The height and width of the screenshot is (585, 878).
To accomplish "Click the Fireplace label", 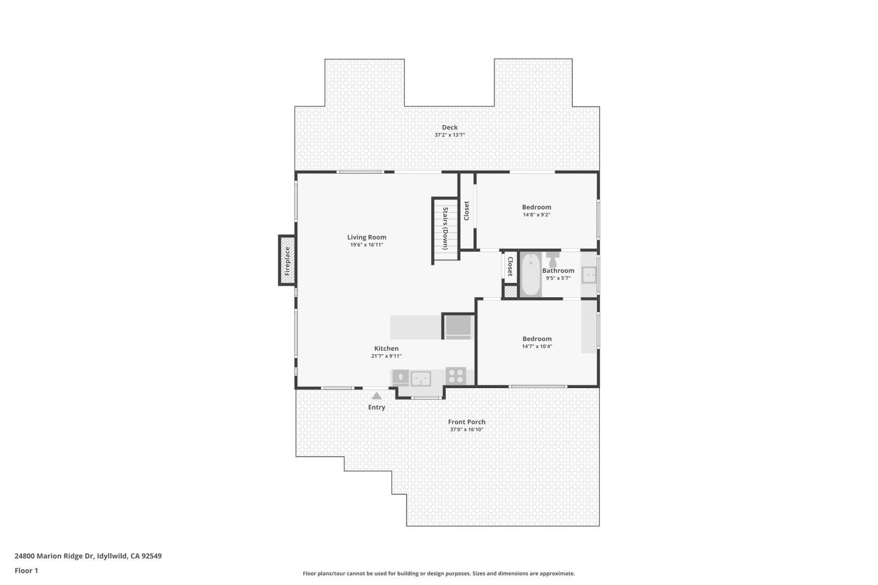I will (286, 260).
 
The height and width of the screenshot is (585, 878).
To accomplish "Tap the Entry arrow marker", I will (376, 396).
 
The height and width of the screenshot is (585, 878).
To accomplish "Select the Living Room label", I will (367, 237).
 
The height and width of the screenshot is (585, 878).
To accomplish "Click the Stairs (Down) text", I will (446, 228).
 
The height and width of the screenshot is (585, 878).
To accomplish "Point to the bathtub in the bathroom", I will (530, 274).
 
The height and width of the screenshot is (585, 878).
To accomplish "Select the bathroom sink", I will (589, 275).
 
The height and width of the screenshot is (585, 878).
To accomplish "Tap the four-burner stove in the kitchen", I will (455, 376).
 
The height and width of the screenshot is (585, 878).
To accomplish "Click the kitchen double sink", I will (421, 378).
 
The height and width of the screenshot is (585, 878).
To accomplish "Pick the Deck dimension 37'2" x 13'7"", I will (449, 135).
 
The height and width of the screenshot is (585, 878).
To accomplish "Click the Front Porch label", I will (466, 422).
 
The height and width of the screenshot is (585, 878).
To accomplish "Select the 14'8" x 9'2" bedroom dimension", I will (536, 215).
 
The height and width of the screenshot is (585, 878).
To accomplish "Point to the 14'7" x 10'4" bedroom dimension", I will (537, 347).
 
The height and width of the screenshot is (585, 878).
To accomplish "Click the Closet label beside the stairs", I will (466, 211).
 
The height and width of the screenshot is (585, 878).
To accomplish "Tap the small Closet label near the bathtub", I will (510, 266).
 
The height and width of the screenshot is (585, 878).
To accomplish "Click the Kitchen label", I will (386, 348).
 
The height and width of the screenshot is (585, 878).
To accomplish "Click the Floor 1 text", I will (26, 571).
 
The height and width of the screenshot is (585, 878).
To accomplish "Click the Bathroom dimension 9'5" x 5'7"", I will (558, 278).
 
